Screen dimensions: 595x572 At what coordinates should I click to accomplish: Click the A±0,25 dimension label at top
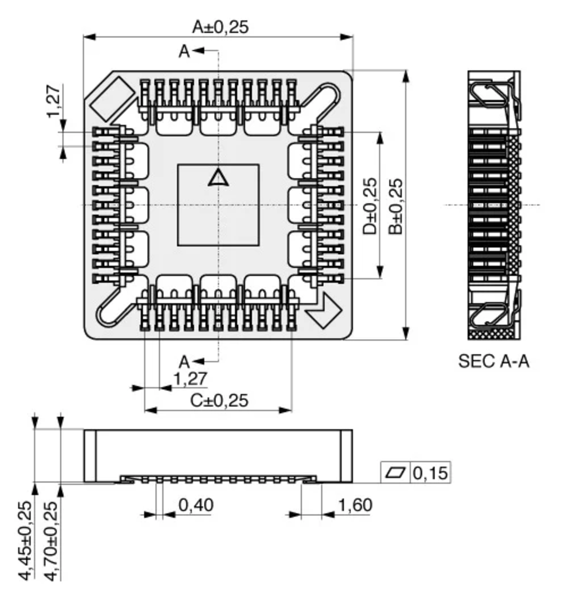pos(220,27)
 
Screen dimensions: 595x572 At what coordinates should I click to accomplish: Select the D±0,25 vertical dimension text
pos(370,207)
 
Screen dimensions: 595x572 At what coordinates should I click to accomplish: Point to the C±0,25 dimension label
pos(219,401)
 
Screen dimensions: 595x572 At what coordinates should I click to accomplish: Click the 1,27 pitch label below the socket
pos(190,379)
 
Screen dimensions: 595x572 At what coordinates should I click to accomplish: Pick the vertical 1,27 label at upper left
pos(54,101)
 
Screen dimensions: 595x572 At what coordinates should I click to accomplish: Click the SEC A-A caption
pos(493,361)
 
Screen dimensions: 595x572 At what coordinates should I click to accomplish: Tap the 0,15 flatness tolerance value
pos(430,473)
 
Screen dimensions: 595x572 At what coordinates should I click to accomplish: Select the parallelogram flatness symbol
pos(395,473)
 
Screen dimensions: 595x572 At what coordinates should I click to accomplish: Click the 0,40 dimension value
pos(196,505)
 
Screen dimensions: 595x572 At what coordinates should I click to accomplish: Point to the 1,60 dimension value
pos(355,505)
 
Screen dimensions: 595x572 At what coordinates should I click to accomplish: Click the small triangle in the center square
pos(218,178)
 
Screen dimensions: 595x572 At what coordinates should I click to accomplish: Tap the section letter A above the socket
pos(184,51)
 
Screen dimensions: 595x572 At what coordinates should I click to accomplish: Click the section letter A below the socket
pos(184,362)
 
